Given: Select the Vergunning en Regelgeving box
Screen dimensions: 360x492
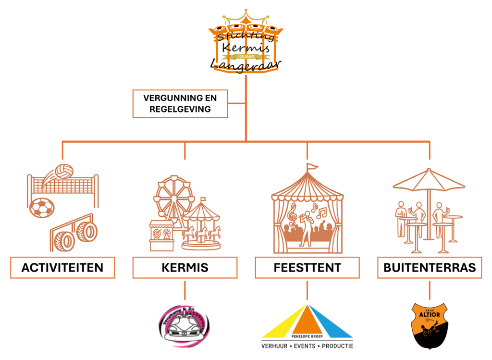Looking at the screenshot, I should point(180,103).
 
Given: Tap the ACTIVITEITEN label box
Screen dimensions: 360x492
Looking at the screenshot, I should point(62,268).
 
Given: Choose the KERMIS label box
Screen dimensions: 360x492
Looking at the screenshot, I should point(185,268).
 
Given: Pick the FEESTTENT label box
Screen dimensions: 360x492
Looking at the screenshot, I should point(307,268).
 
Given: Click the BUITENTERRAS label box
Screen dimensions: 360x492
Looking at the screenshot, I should point(430,268).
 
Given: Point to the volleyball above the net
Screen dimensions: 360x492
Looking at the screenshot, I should point(63,171).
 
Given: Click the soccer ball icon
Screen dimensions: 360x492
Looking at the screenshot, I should point(42,208).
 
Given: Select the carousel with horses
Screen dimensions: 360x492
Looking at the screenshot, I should point(201,226).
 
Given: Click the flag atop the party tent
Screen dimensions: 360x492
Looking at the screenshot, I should point(312,167).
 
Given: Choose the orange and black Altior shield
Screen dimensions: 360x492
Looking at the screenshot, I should point(430,325).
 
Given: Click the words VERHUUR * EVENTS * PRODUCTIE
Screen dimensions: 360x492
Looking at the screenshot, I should point(307,346).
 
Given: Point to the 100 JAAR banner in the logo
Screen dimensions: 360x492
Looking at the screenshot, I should point(246,56).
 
